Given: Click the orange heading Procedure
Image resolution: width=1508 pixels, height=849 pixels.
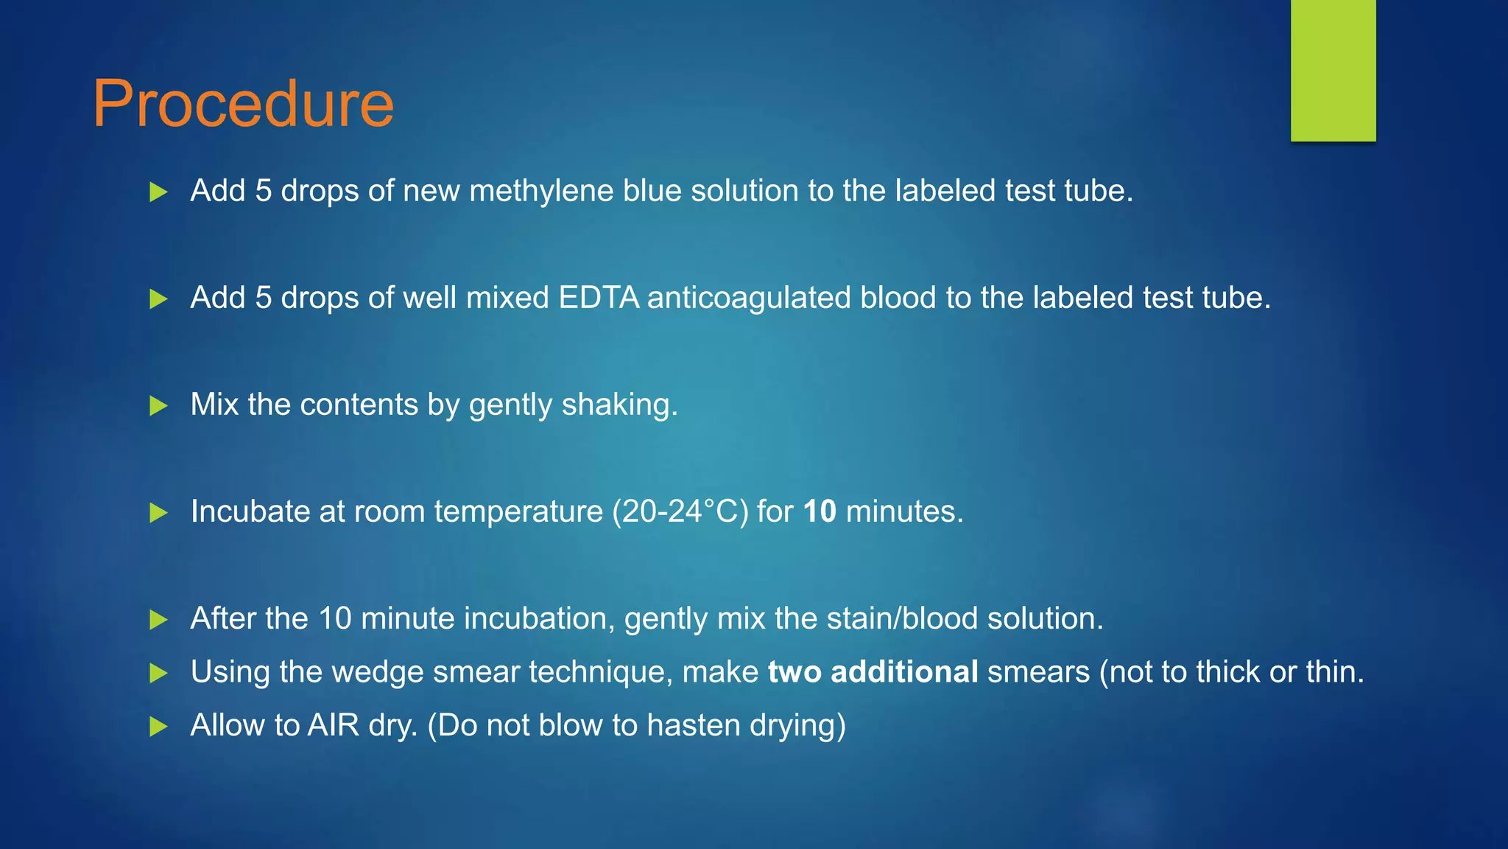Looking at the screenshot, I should [243, 105].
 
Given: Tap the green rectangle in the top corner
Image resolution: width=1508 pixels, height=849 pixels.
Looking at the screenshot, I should [1333, 70].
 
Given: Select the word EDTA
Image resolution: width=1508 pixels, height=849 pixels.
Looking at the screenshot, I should [599, 298].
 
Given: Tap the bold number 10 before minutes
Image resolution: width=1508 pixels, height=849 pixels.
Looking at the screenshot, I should [820, 511].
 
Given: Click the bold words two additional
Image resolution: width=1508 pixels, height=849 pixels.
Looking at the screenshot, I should [873, 672].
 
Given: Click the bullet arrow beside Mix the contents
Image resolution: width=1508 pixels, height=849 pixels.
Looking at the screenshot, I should [158, 405].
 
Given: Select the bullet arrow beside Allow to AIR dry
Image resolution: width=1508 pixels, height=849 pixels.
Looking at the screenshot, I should [158, 727].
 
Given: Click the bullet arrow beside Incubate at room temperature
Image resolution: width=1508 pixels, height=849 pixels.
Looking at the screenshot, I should [158, 512].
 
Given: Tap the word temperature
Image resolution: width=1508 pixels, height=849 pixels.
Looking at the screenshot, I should [518, 511].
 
